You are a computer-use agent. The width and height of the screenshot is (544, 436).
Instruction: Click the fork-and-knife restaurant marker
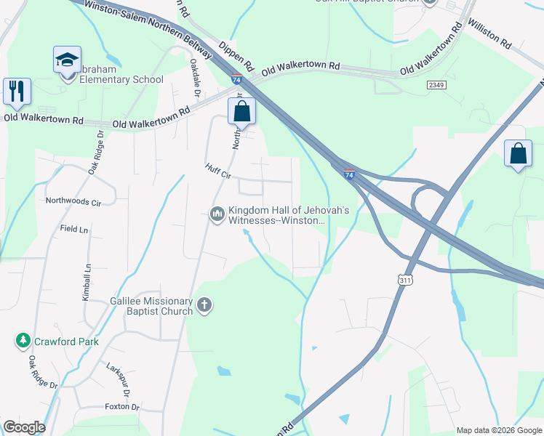click(x=16, y=91)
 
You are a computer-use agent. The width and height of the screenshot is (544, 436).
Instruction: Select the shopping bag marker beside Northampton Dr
click(x=241, y=111)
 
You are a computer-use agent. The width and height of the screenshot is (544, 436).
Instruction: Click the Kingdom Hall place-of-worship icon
click(x=217, y=214)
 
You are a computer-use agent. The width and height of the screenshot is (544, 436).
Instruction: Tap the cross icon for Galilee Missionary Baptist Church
click(x=204, y=304)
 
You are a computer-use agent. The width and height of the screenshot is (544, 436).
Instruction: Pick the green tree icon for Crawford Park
click(x=23, y=340)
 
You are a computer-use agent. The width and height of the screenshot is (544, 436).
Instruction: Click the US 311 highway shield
click(x=406, y=278)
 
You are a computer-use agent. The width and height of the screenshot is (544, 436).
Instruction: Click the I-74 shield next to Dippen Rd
click(x=236, y=78)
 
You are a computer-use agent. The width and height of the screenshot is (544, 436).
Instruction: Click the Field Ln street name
click(x=73, y=229)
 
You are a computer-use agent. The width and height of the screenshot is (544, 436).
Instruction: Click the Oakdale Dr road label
click(x=195, y=78)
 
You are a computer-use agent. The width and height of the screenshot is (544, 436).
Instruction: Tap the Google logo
click(x=24, y=427)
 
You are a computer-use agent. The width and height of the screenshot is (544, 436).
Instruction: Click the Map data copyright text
click(x=498, y=430)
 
